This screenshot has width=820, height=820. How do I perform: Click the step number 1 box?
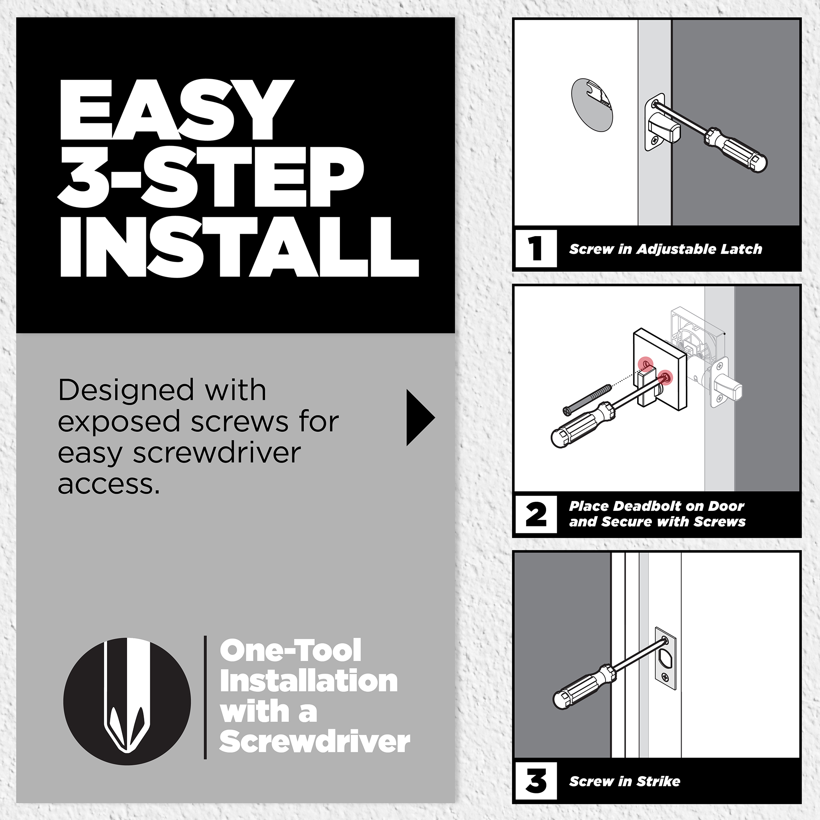click(x=536, y=249)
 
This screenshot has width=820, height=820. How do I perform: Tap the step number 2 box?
click(x=536, y=515)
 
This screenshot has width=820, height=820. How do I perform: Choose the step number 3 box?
click(x=536, y=781)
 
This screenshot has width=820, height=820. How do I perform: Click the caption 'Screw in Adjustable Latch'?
click(x=665, y=249)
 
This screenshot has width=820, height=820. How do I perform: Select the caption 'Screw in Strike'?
click(x=625, y=781)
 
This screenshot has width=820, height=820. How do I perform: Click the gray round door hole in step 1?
click(x=592, y=105)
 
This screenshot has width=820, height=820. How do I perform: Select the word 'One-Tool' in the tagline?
click(x=290, y=651)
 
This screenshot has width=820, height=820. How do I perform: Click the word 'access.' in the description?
click(x=109, y=484)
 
